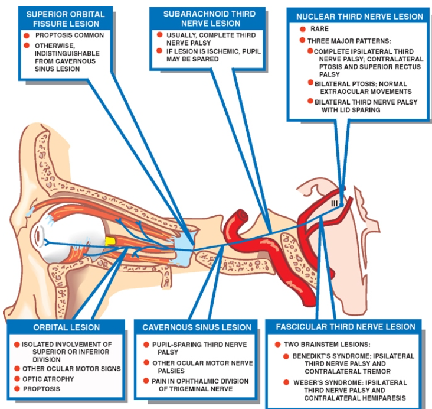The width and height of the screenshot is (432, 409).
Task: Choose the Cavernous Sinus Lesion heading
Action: (197, 327)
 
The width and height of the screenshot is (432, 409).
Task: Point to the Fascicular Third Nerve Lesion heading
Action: (345, 327)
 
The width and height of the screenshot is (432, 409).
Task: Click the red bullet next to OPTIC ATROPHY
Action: (17, 379)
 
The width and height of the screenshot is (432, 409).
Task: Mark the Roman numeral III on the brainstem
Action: (334, 203)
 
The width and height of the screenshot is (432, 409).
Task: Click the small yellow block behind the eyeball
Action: (109, 241)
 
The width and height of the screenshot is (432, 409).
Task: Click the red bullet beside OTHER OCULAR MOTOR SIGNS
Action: (17, 368)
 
